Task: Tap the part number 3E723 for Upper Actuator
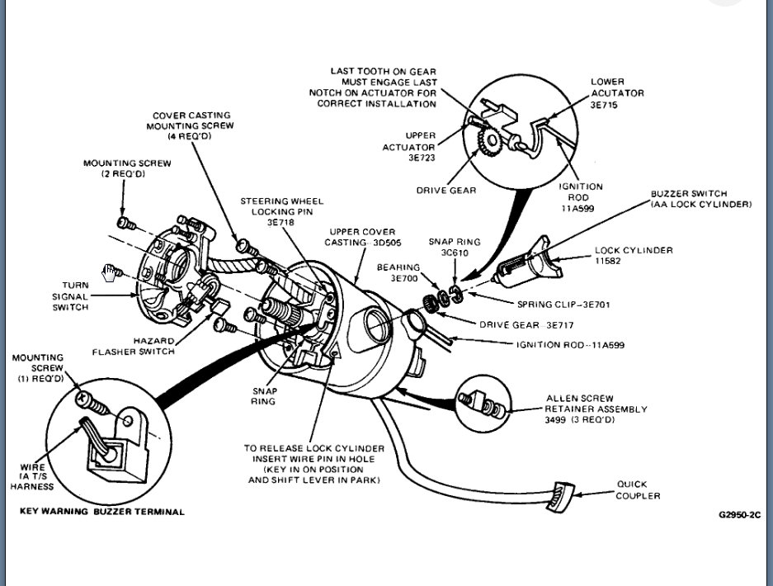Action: tap(421, 157)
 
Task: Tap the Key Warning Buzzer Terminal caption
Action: tap(102, 512)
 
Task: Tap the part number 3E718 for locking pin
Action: tap(281, 222)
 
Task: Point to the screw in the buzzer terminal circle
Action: tap(92, 406)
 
